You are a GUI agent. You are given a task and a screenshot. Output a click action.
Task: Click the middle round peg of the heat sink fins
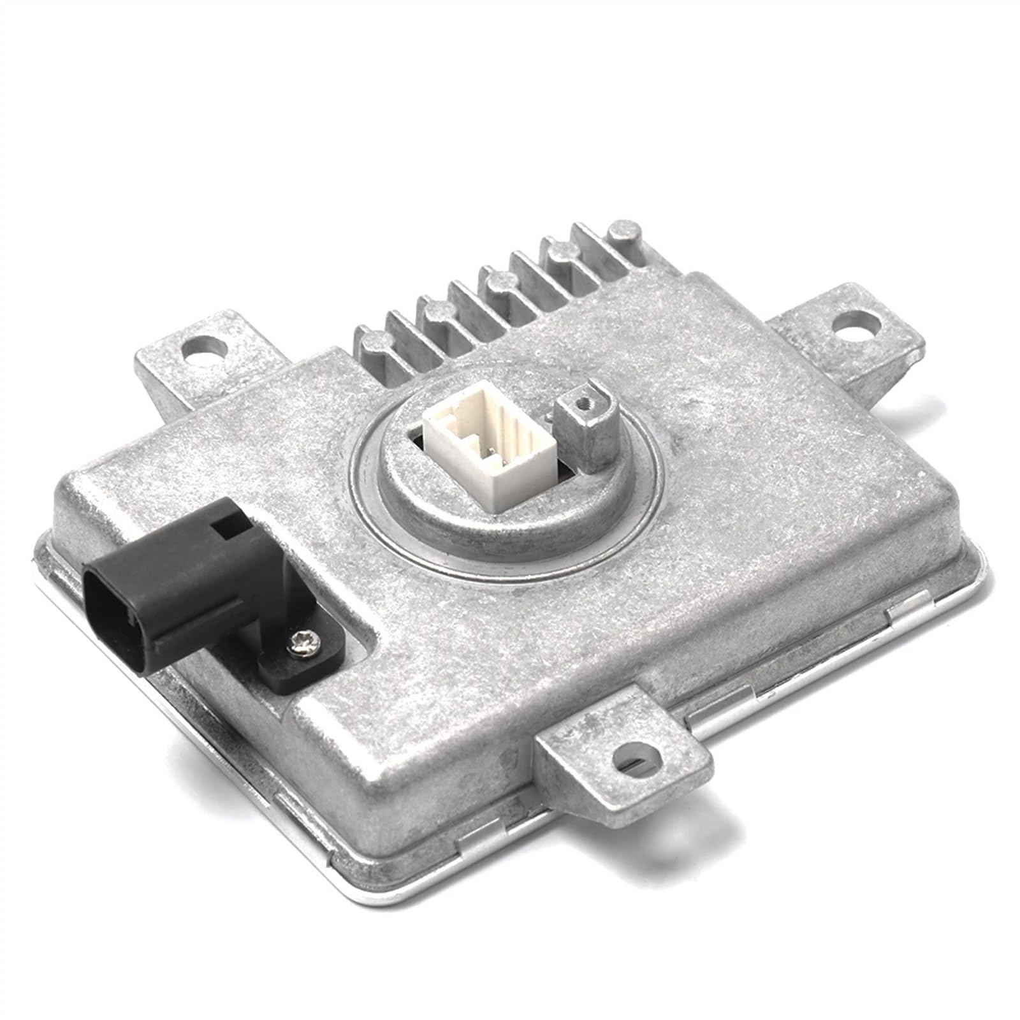498,280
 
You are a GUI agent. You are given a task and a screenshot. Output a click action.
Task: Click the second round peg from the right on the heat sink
561,252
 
